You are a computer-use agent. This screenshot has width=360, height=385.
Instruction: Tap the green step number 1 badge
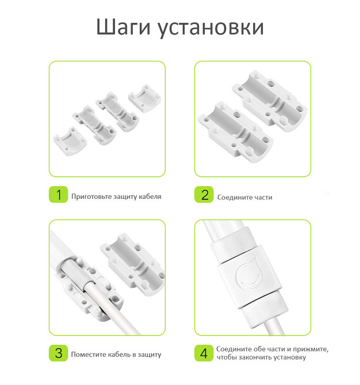click(58, 195)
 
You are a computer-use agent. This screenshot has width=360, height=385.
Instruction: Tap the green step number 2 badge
click(204, 195)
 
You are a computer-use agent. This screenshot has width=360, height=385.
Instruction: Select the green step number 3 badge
click(58, 353)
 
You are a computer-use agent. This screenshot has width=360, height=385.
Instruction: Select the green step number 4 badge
click(204, 353)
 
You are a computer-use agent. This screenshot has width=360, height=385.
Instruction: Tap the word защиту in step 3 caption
click(150, 355)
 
